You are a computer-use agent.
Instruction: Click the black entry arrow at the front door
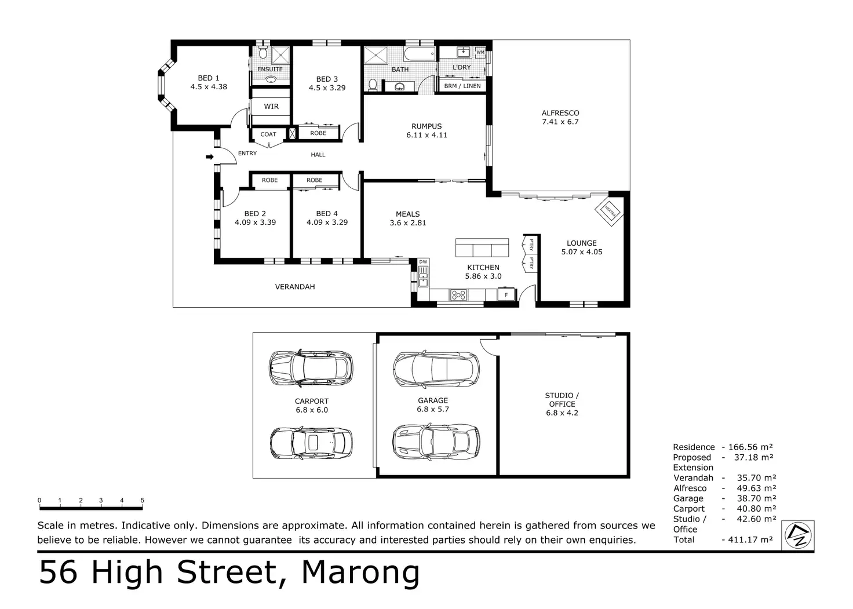[x=209, y=156]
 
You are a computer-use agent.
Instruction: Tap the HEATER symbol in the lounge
[x=609, y=210]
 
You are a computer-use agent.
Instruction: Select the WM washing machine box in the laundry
[x=480, y=52]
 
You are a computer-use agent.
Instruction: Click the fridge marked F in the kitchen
[x=506, y=294]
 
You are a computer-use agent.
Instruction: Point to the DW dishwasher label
[x=423, y=262]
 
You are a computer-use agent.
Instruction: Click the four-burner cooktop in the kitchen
[x=458, y=295]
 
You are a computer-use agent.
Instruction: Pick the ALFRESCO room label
[x=560, y=113]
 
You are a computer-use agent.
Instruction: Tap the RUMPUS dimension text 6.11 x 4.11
[x=426, y=135]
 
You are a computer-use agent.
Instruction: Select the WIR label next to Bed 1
[x=271, y=107]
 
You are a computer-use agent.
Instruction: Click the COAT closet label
[x=268, y=134]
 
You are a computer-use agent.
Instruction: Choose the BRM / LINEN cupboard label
[x=462, y=86]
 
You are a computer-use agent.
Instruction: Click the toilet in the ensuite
[x=263, y=53]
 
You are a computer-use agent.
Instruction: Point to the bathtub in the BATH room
[x=420, y=54]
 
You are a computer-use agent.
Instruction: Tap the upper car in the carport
[x=311, y=369]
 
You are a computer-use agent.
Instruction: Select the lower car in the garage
[x=436, y=442]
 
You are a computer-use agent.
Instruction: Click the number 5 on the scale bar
[x=143, y=500]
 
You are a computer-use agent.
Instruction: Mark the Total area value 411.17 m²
[x=750, y=539]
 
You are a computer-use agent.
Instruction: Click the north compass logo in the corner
[x=798, y=535]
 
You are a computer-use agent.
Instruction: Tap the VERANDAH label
[x=295, y=287]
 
